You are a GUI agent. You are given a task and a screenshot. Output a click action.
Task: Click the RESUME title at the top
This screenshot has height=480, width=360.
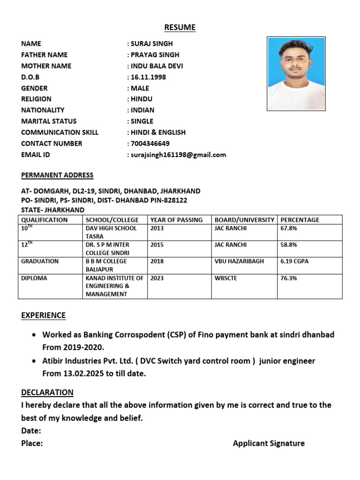pos(180,28)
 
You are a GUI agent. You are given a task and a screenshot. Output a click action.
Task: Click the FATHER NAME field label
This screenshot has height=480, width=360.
pos(45,55)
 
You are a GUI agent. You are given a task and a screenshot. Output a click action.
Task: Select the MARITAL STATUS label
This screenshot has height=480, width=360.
pos(49,121)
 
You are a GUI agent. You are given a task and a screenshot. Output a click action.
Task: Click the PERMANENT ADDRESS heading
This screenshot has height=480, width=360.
pos(57,175)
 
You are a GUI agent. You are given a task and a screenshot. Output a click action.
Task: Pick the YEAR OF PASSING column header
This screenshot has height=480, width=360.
pos(177,219)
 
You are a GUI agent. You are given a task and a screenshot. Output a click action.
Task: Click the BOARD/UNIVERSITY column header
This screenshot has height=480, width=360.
pos(244,219)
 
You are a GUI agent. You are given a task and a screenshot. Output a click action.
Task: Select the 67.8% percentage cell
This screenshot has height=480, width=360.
pos(289,228)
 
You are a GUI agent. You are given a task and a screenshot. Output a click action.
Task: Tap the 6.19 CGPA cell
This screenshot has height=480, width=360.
pos(294,261)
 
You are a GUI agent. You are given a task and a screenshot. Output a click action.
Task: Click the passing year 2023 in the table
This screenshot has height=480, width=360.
pos(157,277)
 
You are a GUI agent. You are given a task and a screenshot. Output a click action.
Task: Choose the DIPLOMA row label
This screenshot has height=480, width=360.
pos(34,277)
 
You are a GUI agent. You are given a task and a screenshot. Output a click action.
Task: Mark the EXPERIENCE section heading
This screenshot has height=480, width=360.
pos(43,315)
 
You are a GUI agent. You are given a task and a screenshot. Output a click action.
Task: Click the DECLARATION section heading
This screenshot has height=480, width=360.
pos(47,392)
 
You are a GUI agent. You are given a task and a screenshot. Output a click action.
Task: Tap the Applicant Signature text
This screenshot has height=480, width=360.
pos(269,443)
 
